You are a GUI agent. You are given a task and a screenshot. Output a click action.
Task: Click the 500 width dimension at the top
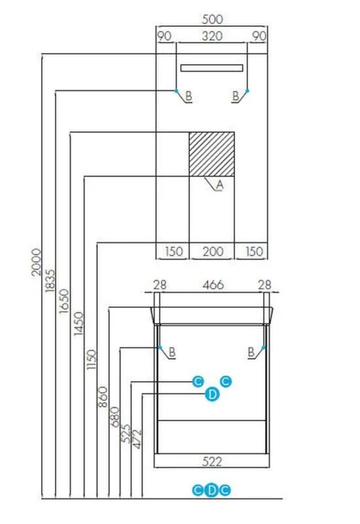(x=212, y=19)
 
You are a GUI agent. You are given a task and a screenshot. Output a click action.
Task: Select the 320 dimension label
(x=212, y=36)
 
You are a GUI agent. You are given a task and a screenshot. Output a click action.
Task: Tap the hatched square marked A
(x=212, y=154)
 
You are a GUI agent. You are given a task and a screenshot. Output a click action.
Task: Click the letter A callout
(x=219, y=184)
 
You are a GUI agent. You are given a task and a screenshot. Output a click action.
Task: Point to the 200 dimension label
(x=213, y=252)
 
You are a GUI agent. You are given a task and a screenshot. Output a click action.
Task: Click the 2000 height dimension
(x=36, y=262)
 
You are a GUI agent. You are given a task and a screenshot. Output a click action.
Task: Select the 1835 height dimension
(x=50, y=281)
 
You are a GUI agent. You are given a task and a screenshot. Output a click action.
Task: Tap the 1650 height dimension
(x=64, y=301)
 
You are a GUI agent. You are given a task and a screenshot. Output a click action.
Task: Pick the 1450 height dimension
(x=78, y=323)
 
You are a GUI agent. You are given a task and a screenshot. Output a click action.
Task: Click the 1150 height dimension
(x=91, y=359)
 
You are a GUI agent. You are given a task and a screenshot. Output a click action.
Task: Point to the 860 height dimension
(x=103, y=397)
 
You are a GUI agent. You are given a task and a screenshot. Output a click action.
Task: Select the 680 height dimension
(x=115, y=416)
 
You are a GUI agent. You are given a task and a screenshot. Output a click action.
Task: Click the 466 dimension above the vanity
(x=213, y=285)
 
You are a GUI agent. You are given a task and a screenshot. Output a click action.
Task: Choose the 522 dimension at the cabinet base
(x=212, y=462)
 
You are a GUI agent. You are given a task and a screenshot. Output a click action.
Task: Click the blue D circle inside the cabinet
(x=212, y=395)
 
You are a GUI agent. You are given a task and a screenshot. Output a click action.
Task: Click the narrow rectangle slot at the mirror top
(x=212, y=68)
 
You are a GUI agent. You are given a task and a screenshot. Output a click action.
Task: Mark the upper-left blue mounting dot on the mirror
(x=176, y=91)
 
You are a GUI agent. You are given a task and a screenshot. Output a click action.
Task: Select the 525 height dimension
(x=126, y=434)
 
